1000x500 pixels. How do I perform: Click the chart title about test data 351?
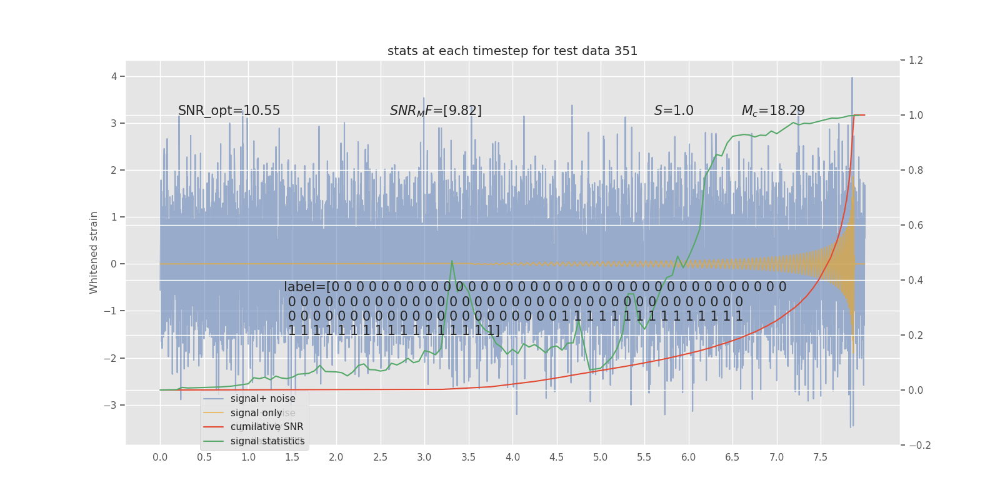(512, 51)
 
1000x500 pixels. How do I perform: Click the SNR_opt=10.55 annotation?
(229, 111)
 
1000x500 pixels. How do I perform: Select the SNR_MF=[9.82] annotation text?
(436, 111)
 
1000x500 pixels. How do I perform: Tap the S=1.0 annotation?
(674, 111)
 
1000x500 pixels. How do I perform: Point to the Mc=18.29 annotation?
(772, 111)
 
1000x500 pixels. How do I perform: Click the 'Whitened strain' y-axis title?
(94, 252)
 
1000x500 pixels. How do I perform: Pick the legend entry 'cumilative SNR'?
(266, 427)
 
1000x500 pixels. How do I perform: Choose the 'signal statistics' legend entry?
(267, 441)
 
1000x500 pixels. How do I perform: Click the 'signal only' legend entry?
(256, 413)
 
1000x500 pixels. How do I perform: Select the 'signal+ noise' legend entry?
(262, 399)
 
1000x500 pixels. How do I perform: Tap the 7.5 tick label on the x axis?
(820, 457)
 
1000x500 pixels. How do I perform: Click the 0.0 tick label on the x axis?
(160, 457)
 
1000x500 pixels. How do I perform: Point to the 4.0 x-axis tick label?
(512, 457)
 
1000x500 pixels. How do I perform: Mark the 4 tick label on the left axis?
(114, 77)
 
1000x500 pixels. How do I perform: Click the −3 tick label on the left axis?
(111, 405)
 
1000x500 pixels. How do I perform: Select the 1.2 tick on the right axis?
(916, 61)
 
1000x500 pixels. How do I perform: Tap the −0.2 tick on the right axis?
(919, 445)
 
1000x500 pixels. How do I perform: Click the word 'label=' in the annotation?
(305, 287)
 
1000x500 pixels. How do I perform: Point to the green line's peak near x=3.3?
(452, 261)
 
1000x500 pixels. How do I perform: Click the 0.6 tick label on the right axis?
(916, 225)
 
